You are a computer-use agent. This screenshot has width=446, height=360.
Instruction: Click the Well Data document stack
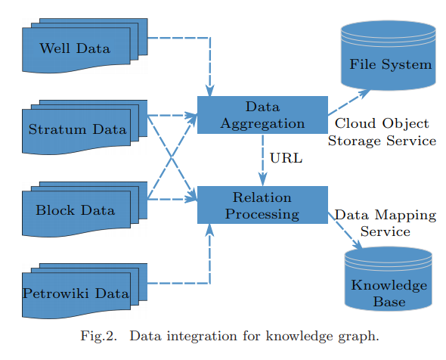pos(85,46)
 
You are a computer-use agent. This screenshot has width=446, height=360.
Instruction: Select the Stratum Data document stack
pos(85,127)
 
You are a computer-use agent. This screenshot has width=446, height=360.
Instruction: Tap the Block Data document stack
pos(85,209)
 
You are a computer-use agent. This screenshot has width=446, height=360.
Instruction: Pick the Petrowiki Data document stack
pos(85,291)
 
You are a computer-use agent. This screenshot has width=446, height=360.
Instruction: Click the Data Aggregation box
pos(262,115)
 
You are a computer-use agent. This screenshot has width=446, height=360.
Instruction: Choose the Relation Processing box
pos(262,205)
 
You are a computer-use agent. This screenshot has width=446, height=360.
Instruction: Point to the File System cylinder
pos(389,55)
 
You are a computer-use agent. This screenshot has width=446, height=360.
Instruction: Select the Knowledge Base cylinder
pos(389,279)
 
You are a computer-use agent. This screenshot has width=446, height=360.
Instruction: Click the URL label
pos(286,158)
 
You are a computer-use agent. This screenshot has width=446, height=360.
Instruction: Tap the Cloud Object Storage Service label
pos(382,132)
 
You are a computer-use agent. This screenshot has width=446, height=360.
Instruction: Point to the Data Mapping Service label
pos(386,223)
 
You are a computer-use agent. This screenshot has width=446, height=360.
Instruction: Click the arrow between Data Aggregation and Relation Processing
pos(262,160)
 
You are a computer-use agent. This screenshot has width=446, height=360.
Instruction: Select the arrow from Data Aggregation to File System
pos(349,102)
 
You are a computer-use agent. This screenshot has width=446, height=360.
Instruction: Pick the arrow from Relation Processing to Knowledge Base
pos(345,231)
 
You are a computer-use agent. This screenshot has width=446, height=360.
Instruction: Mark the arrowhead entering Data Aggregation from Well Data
pos(210,91)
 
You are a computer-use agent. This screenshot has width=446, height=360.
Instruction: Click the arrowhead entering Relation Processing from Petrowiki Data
pos(210,230)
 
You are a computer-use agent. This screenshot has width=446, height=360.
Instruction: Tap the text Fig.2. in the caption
pos(99,336)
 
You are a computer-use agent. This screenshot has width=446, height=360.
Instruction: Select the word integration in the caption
pos(202,337)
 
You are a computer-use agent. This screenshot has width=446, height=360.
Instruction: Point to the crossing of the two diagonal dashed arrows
pos(172,157)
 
